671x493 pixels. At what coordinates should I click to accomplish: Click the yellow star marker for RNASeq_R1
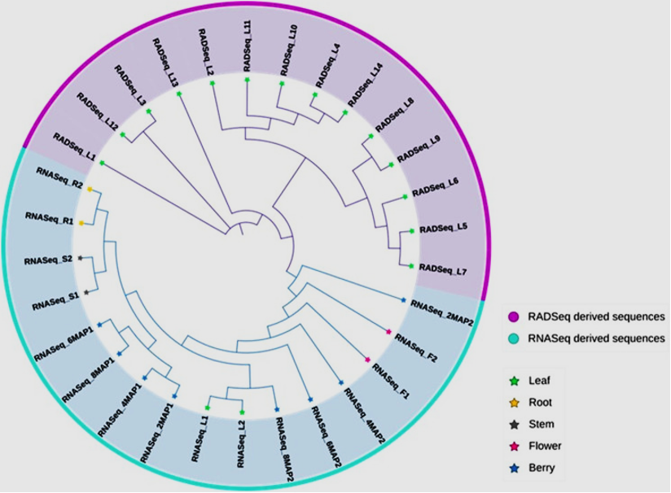pos(81,223)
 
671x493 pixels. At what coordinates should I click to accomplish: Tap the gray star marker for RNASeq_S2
pos(80,258)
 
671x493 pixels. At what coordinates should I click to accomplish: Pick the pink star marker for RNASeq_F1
pos(368,360)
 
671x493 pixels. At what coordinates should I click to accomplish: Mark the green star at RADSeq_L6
pos(406,197)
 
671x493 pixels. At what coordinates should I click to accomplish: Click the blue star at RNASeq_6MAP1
pos(99,325)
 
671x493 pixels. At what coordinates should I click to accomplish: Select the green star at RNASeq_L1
pos(208,408)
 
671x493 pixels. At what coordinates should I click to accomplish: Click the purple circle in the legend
pos(514,316)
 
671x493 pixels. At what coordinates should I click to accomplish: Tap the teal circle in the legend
pos(514,338)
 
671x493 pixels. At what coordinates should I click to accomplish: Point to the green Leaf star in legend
pos(514,380)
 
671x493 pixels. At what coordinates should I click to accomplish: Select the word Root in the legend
pos(541,402)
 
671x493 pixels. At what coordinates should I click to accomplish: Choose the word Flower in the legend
pos(545,446)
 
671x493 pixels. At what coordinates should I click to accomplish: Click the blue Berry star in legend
pos(514,468)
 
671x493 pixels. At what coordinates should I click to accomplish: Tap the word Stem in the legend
pos(542,424)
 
